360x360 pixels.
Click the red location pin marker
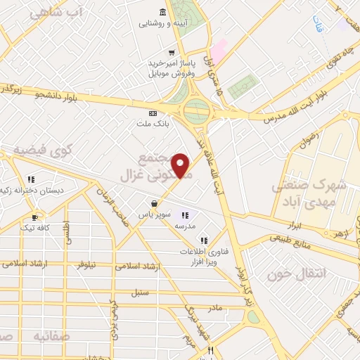click(x=181, y=165)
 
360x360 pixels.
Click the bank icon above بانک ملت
click(x=153, y=112)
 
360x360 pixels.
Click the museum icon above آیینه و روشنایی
click(x=163, y=12)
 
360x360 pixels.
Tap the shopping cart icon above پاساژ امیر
click(x=172, y=52)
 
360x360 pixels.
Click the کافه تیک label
click(x=36, y=227)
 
